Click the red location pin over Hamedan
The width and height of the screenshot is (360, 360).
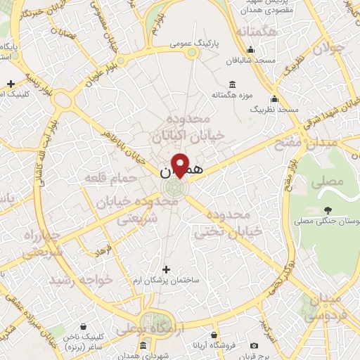(x=181, y=165)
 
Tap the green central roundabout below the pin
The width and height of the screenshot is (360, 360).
(x=173, y=188)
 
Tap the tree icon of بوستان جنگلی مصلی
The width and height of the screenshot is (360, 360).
(x=328, y=210)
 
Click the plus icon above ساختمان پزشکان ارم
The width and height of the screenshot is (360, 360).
(x=166, y=269)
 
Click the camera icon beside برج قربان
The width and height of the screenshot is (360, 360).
(x=255, y=345)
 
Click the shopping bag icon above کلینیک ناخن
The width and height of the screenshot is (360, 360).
(x=84, y=326)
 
